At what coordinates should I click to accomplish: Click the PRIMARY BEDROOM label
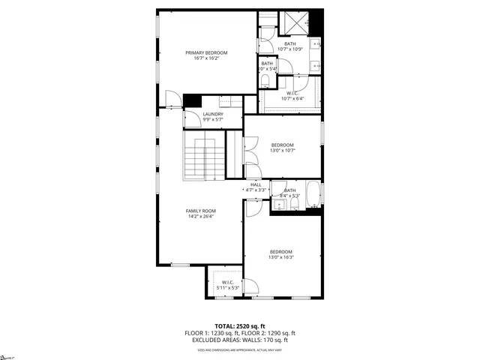click(x=206, y=52)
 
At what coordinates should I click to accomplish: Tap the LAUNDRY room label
click(x=213, y=114)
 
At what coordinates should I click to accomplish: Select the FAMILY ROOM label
click(x=201, y=211)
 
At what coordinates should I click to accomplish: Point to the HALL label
click(x=255, y=184)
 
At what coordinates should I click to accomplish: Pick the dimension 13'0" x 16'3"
click(x=281, y=257)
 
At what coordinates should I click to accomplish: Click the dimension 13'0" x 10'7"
click(x=282, y=151)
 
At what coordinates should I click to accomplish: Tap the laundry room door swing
click(x=173, y=98)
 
